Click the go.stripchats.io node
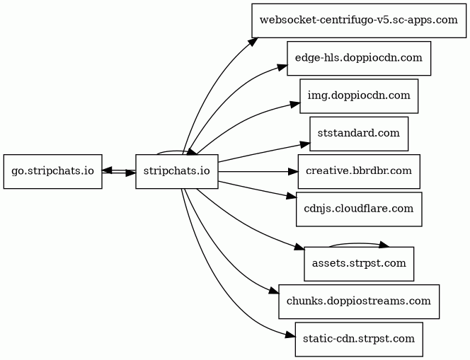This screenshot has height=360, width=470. coord(53,172)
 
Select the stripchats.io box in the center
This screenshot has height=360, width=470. coord(177,172)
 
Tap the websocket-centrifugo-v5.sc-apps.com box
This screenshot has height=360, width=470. coord(359,21)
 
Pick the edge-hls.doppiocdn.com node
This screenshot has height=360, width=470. coord(359,59)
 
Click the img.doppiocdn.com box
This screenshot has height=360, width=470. coord(359,96)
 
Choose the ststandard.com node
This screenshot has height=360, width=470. coord(359,134)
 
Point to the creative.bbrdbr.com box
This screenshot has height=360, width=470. coord(359,172)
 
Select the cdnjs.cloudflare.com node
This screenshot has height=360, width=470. coord(359,209)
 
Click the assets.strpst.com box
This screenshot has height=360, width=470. coord(359,264)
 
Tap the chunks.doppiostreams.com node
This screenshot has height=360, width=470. coord(359,301)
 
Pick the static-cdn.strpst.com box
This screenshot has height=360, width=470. coord(359,339)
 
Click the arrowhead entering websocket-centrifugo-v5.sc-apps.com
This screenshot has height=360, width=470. coord(253,42)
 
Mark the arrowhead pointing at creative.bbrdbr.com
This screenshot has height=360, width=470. coord(293,172)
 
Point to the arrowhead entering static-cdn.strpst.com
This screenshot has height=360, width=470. coord(290,335)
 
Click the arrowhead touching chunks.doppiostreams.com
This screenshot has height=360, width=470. coord(274,291)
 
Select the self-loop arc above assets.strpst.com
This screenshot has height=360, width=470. coord(358,243)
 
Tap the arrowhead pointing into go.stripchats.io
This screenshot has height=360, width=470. coord(108,170)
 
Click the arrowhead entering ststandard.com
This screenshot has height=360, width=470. coord(305,146)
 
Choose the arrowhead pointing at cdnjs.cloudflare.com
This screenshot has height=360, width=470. coord(292,197)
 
